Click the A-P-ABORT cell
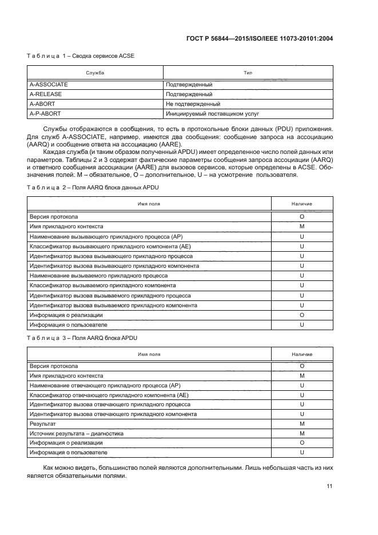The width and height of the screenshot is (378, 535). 45,113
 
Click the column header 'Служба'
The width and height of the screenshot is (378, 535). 95,73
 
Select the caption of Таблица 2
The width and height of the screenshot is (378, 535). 83,188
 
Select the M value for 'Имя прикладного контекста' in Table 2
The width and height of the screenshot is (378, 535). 301,226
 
